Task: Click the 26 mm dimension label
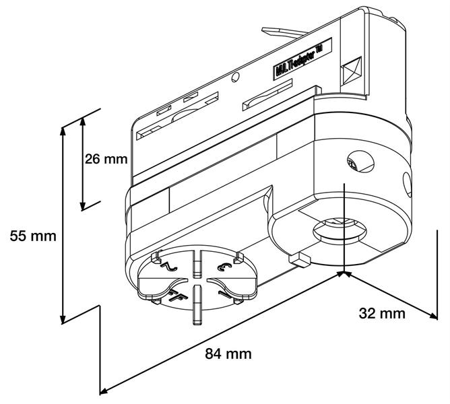pyautogui.click(x=106, y=160)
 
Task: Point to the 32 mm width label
pyautogui.click(x=382, y=313)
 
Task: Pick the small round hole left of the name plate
pyautogui.click(x=235, y=77)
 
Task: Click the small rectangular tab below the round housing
pyautogui.click(x=296, y=258)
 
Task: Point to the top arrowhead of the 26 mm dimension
pyautogui.click(x=83, y=121)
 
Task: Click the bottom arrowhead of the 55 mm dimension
pyautogui.click(x=63, y=320)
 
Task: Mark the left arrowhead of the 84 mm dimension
pyautogui.click(x=104, y=390)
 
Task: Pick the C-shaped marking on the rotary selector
pyautogui.click(x=224, y=267)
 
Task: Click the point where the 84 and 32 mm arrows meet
pyautogui.click(x=344, y=273)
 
